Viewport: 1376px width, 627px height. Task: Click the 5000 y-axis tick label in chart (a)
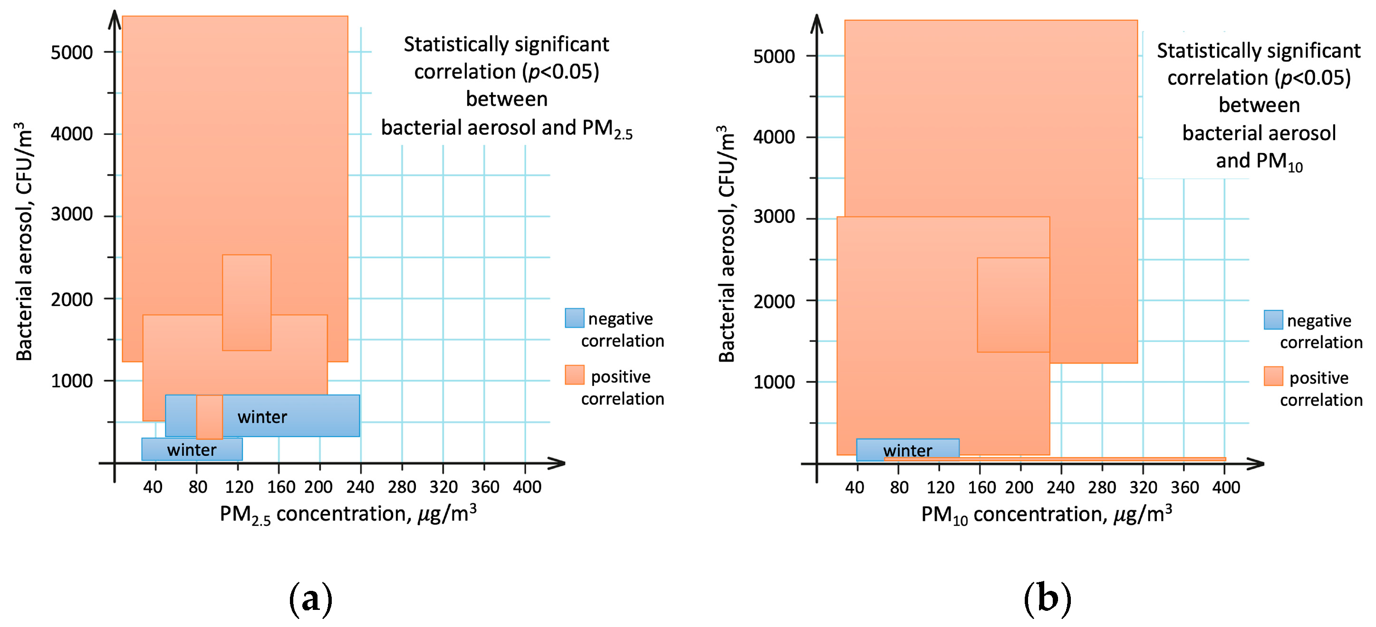coord(72,52)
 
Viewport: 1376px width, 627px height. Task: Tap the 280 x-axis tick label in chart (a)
coord(402,487)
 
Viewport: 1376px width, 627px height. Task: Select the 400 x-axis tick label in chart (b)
coord(1226,487)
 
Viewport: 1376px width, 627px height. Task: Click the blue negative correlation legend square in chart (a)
coord(574,318)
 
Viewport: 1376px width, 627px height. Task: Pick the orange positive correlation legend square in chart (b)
coord(1273,376)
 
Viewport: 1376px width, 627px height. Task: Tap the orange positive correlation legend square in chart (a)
coord(574,375)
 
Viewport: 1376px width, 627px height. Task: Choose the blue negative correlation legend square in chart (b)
coord(1273,319)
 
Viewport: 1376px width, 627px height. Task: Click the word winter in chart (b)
coord(907,450)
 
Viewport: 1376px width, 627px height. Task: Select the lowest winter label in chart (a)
coord(191,450)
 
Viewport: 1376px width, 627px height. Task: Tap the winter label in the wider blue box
coord(262,416)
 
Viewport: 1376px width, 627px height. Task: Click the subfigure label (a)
coord(310,598)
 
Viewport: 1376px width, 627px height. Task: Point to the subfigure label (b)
coord(1047,598)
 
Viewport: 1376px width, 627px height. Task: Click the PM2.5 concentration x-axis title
coord(348,514)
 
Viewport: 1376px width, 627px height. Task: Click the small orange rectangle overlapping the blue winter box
coord(210,416)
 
